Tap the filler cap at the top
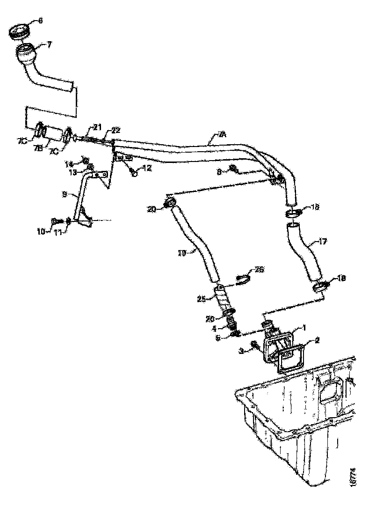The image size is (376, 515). click(x=20, y=32)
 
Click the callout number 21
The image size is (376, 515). click(x=97, y=126)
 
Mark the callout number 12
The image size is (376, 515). click(x=147, y=168)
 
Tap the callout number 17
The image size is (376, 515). click(x=323, y=242)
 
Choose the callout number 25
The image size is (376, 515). click(x=202, y=298)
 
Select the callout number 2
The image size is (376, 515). click(x=317, y=340)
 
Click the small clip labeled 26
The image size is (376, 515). click(x=242, y=280)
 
